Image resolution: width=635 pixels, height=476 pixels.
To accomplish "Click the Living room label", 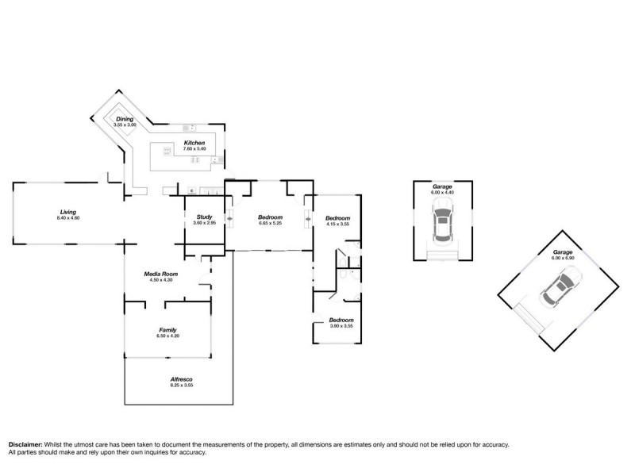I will coord(67,212).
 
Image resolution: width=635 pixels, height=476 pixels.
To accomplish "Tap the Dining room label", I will coord(125,119).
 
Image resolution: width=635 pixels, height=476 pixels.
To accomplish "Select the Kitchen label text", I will coord(194,143).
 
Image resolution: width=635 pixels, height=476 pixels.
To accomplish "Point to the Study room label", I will coord(205,217).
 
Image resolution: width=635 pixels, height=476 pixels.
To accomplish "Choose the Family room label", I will coord(167,330).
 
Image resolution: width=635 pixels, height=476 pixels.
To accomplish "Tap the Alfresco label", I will coord(181,379).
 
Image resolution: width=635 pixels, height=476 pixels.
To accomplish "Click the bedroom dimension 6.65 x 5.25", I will coord(271,224).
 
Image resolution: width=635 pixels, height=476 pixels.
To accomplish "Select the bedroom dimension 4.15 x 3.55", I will coord(337,224).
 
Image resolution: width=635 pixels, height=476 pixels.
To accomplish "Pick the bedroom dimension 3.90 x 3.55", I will coord(341,326).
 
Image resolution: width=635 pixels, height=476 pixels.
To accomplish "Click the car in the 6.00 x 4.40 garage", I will coord(441,223).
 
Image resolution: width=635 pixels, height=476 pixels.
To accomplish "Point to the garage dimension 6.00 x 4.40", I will coord(442,193).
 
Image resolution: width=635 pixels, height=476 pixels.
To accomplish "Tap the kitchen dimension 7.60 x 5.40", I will coord(194,148).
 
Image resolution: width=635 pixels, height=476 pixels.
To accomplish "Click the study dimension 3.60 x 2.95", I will coord(205,223).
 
